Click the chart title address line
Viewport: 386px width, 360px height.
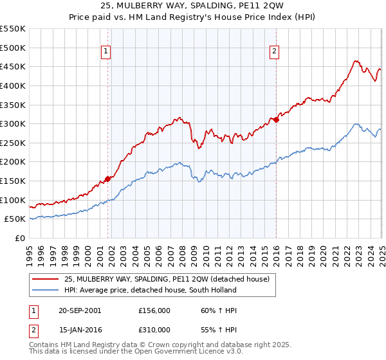[192, 7]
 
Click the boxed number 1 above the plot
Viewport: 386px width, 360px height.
[105, 53]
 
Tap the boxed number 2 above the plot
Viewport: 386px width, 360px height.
[274, 53]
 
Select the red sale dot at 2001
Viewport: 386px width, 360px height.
[107, 179]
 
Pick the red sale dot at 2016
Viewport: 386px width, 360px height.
[276, 120]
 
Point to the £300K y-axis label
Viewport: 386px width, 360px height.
[13, 123]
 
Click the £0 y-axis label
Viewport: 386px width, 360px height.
[19, 238]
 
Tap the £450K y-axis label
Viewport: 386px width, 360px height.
[13, 66]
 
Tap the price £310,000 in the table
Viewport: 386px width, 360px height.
[154, 330]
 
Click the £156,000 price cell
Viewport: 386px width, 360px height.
[154, 310]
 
